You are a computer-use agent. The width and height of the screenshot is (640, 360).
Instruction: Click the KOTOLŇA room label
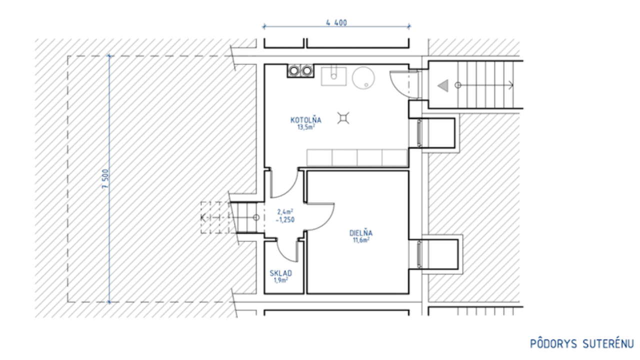click(305, 120)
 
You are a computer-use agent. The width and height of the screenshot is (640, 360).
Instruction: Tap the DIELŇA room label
click(361, 233)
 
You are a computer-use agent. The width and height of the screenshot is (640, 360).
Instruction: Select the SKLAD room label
click(281, 273)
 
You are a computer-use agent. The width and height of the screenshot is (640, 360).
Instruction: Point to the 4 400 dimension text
click(336, 22)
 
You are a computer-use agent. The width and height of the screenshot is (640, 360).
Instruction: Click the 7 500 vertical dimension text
click(105, 179)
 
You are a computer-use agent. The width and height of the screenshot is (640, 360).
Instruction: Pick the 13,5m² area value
click(306, 127)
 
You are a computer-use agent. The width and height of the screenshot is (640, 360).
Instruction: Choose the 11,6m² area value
click(361, 240)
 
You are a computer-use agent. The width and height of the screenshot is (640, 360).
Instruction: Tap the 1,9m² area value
click(281, 280)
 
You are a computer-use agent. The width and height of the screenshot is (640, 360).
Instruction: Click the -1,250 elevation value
click(285, 219)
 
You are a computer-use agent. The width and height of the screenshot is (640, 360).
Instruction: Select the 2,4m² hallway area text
click(285, 212)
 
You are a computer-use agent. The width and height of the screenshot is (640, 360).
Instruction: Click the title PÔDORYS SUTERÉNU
click(581, 343)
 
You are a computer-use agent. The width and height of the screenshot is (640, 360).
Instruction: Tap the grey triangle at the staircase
click(443, 85)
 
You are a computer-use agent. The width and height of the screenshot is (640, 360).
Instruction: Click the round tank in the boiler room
click(363, 77)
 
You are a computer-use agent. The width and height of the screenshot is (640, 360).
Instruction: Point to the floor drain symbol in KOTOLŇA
click(343, 118)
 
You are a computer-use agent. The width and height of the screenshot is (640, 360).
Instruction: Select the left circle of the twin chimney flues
click(294, 70)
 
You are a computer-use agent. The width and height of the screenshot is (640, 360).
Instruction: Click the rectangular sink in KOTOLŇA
click(333, 76)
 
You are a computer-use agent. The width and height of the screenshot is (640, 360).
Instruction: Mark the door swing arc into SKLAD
click(283, 255)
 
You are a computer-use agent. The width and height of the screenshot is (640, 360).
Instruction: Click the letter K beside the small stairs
click(203, 218)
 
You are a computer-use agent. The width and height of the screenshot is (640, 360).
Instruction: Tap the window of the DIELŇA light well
click(419, 254)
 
